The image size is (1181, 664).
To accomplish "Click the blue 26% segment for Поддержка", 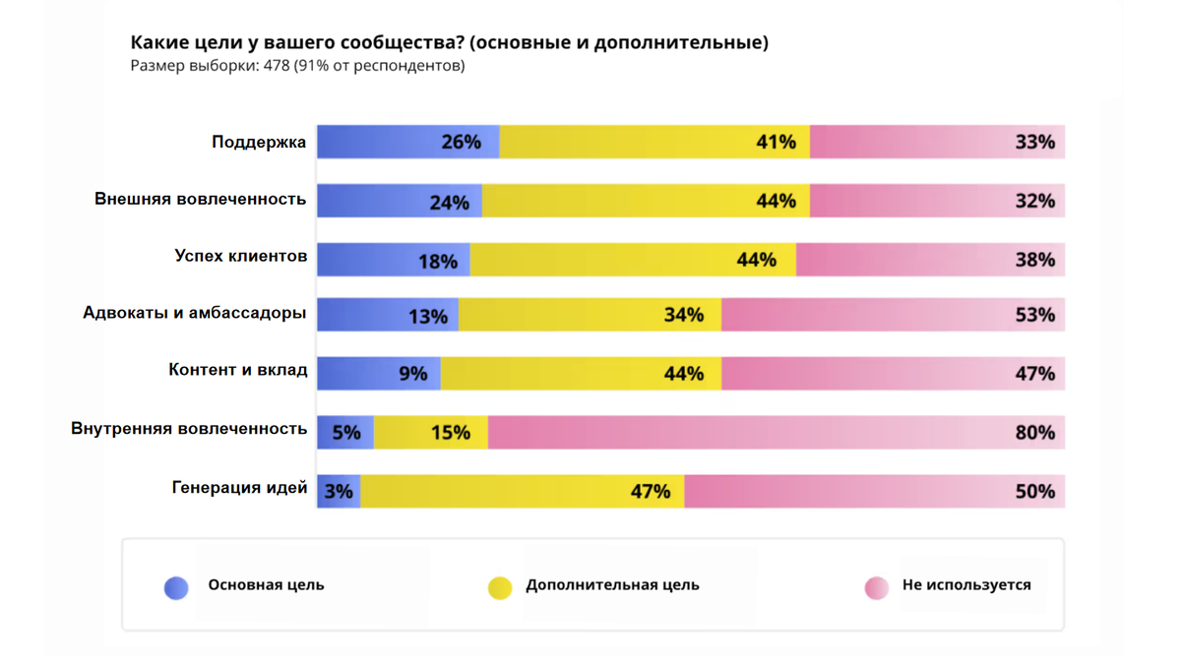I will click(407, 142).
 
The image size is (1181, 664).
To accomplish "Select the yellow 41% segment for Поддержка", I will click(654, 142).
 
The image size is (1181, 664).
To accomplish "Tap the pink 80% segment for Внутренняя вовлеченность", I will click(776, 432).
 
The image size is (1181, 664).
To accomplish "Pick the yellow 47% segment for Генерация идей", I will click(522, 491).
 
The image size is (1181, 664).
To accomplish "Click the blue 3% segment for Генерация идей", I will click(339, 491).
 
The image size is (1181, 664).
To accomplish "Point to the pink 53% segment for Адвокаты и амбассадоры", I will click(893, 315).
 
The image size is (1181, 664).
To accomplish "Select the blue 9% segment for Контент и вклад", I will click(378, 374).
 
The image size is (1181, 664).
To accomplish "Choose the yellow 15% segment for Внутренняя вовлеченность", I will click(431, 432).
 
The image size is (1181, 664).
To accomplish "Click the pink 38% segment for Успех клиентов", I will click(930, 260).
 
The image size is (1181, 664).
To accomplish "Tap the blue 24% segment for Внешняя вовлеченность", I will click(399, 201).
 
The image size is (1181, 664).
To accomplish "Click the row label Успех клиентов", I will click(241, 257).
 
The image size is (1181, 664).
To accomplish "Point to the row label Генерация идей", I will click(239, 488).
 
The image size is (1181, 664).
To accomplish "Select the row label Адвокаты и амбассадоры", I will click(195, 314).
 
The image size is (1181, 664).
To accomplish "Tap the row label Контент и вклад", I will click(238, 371).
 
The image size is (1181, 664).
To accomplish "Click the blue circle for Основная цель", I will click(176, 587).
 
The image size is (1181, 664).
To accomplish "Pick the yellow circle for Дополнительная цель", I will click(500, 587).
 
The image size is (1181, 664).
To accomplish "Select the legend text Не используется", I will click(966, 585).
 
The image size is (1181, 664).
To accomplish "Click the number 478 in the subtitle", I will click(277, 66).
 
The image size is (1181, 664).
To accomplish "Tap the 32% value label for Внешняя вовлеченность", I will click(1034, 201).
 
